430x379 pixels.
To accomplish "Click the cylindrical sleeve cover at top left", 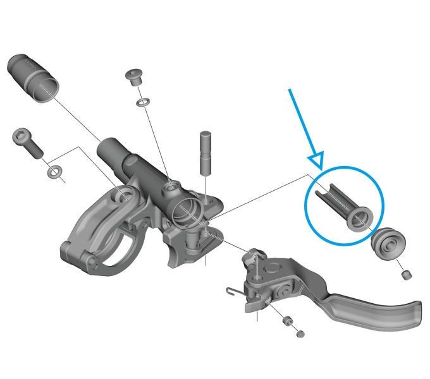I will click(33, 78).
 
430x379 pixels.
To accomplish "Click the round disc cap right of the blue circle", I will click(387, 243).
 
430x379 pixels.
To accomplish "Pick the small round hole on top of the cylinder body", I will click(169, 188).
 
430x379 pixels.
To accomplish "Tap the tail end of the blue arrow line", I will click(290, 89).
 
